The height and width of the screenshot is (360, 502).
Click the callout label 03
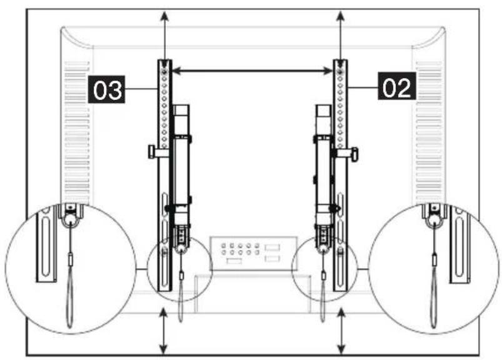(107, 89)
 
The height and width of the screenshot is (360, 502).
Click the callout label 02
(397, 86)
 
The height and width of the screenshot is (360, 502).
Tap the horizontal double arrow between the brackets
(253, 71)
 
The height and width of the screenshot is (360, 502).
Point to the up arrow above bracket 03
(164, 35)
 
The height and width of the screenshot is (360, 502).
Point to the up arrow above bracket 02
(341, 35)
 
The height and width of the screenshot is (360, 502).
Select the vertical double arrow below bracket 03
(164, 331)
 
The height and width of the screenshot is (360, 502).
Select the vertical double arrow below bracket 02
(341, 331)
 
